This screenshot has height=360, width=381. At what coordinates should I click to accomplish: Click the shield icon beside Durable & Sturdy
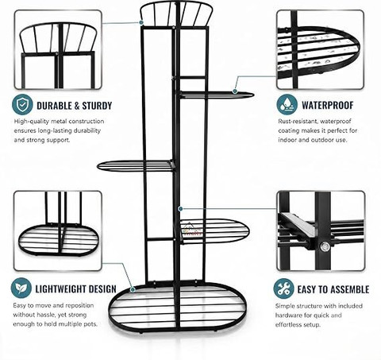click(22, 104)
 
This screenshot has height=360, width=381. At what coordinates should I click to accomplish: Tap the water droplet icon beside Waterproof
click(287, 104)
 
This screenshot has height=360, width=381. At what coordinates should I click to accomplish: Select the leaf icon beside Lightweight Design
click(21, 288)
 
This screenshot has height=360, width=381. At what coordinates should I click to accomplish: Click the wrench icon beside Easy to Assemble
click(283, 288)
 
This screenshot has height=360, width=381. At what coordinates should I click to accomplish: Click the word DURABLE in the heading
click(54, 106)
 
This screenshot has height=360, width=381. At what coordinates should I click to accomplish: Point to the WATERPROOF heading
click(328, 105)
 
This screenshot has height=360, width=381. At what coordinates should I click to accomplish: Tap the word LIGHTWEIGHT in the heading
click(60, 289)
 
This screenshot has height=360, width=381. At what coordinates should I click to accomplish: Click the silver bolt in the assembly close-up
click(325, 247)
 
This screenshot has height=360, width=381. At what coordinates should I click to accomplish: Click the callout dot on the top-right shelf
click(235, 91)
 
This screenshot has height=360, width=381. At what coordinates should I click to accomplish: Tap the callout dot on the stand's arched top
click(141, 23)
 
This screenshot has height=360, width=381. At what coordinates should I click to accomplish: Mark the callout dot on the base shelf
click(133, 289)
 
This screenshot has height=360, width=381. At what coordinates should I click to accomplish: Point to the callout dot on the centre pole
click(180, 209)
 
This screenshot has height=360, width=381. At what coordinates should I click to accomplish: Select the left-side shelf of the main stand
click(136, 166)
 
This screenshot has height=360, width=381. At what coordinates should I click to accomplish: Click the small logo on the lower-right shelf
click(192, 230)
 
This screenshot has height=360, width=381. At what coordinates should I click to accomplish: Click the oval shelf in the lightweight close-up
click(58, 241)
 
